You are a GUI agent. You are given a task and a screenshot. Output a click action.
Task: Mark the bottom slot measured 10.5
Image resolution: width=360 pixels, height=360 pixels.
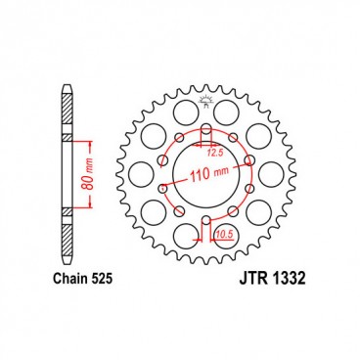[206, 228]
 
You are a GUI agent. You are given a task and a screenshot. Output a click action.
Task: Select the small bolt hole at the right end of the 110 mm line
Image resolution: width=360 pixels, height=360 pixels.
[251, 159]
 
